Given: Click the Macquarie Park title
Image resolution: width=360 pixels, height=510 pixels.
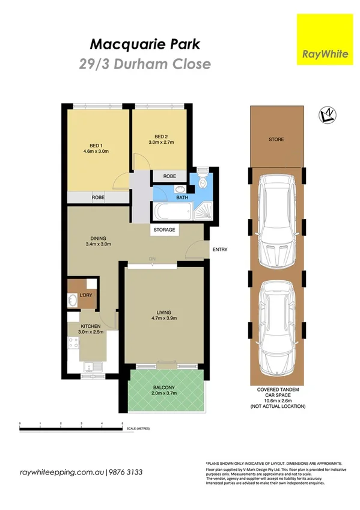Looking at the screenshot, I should (144, 44).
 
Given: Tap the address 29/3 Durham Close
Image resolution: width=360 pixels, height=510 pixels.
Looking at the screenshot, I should (144, 63).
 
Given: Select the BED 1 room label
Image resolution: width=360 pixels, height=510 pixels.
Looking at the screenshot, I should (96, 146).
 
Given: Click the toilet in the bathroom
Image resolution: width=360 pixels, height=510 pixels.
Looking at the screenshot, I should (203, 183).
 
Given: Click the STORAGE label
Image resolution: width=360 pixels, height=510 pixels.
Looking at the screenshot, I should (165, 230).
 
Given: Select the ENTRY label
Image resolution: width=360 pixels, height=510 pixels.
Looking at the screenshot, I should (219, 250).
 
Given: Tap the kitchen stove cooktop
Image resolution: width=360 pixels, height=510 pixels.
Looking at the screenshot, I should (73, 344).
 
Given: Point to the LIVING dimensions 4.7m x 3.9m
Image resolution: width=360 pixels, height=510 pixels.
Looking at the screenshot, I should (163, 320).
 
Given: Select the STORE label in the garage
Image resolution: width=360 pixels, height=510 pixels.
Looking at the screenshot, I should (276, 140).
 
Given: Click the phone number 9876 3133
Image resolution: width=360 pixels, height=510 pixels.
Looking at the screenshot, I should (126, 472).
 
